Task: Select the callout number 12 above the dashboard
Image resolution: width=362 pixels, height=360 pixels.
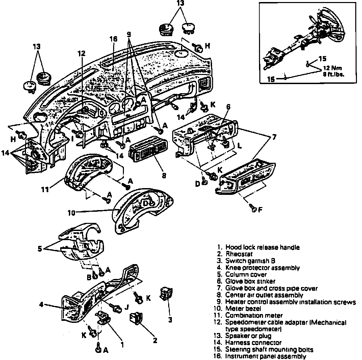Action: [81, 53]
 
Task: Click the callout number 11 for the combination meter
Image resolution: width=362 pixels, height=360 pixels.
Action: [45, 190]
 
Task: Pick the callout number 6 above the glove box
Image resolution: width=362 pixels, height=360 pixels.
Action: [228, 107]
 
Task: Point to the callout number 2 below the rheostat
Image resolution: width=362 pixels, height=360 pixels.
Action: [155, 340]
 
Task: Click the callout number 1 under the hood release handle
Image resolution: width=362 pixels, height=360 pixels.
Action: [122, 345]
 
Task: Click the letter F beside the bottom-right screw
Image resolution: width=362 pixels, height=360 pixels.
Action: [260, 210]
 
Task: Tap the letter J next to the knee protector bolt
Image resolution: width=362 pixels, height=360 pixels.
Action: [127, 307]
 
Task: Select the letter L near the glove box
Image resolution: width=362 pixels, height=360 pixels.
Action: [239, 148]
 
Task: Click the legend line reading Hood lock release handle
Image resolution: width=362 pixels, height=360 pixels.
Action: [262, 247]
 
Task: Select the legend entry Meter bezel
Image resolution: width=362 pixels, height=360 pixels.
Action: [243, 308]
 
